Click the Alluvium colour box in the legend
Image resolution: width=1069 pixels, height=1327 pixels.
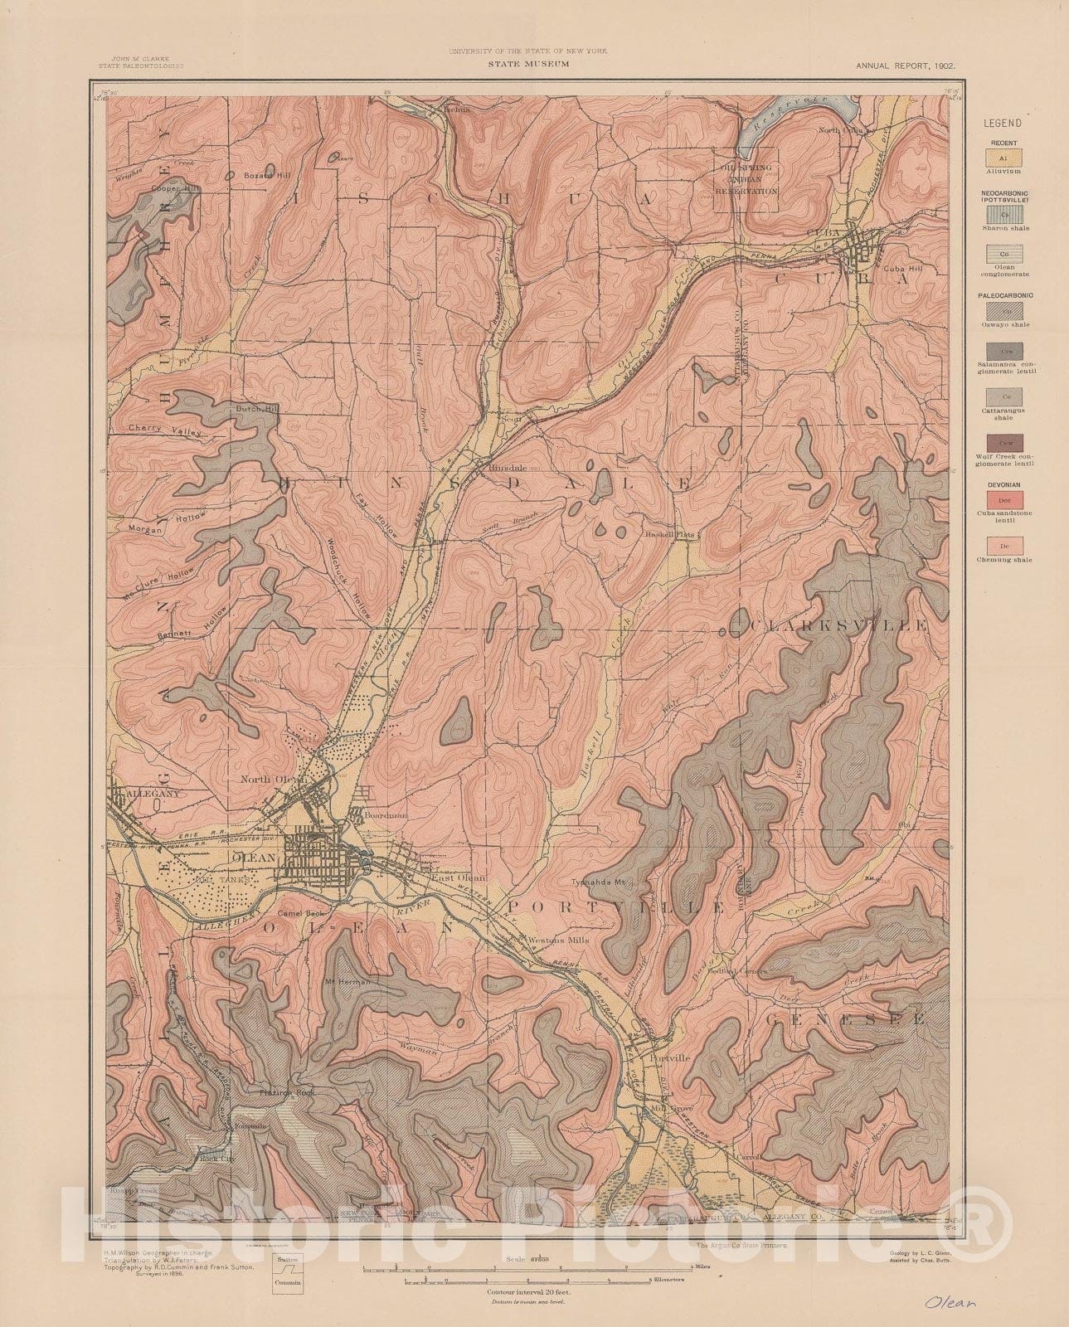pos(1003,156)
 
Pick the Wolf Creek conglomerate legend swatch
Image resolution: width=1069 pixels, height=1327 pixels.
pos(1003,442)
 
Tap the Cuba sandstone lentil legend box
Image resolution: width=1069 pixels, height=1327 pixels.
pos(1003,499)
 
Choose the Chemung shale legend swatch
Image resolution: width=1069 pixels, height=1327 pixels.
pos(1003,545)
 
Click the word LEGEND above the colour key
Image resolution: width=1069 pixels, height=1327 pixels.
pos(1003,123)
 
